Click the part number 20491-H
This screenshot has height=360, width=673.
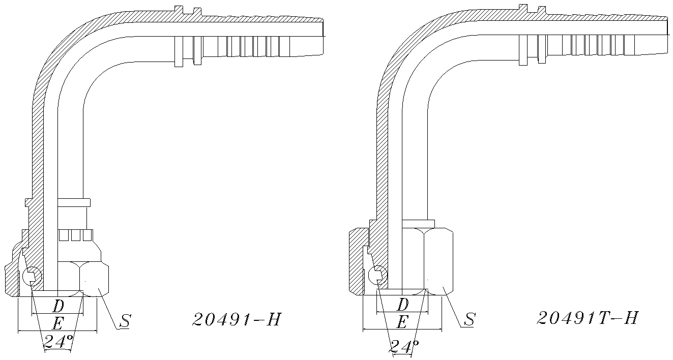coord(237,319)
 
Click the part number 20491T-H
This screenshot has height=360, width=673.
coord(588,318)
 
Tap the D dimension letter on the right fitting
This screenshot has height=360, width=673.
coord(402,305)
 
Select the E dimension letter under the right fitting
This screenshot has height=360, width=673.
coord(402,322)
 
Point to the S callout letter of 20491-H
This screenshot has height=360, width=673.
coord(125,320)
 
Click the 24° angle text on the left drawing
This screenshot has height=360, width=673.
coord(58,341)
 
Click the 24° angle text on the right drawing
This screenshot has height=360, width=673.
coord(404,347)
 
